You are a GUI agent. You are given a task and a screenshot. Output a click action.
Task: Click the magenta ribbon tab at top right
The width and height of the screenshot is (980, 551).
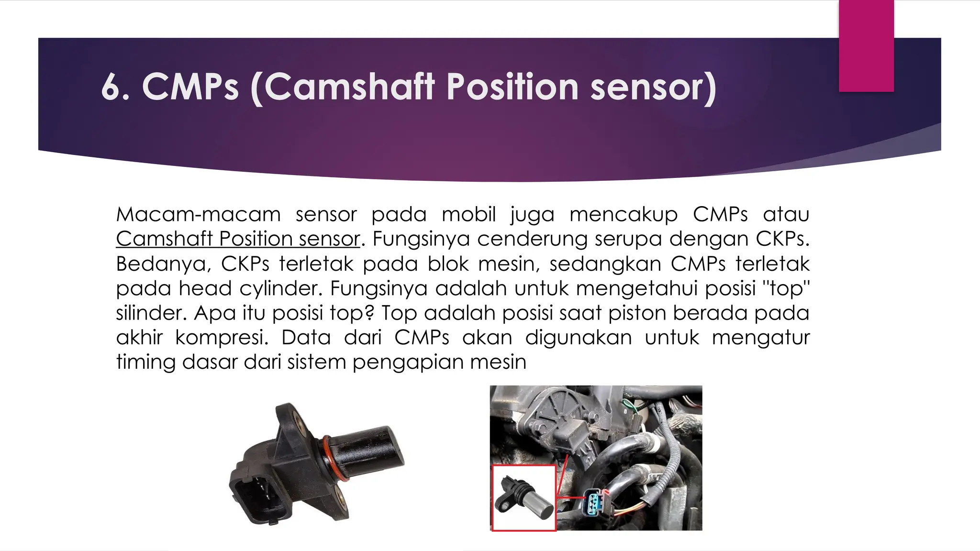tap(866, 45)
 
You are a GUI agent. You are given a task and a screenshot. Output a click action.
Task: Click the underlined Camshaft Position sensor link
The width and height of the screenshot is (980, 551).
tap(237, 239)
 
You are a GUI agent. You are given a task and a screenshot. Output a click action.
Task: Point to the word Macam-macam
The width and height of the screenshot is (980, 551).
tap(198, 214)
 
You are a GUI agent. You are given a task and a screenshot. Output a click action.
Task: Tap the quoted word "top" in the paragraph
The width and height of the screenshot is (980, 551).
tap(785, 288)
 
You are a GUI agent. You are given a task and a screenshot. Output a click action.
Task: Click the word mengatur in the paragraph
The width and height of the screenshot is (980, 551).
tap(760, 337)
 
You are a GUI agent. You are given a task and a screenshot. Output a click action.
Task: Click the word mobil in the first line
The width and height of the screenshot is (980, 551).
tap(468, 214)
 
